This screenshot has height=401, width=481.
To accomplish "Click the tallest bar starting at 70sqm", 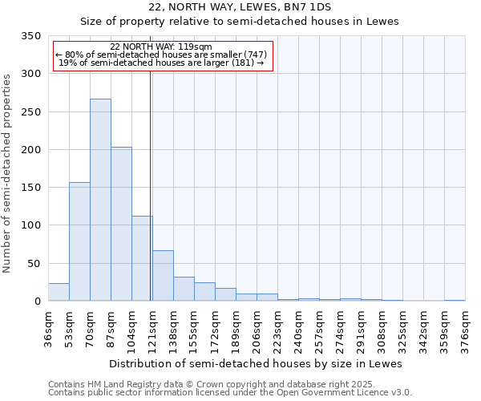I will [100, 200].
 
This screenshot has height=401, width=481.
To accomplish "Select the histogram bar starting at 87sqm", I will [121, 224].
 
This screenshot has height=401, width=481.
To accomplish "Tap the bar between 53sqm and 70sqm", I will [79, 241].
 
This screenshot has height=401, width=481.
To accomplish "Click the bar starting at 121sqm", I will [163, 276].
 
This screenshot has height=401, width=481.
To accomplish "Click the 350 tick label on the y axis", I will [30, 36].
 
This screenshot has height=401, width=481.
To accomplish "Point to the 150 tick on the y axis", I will [30, 188].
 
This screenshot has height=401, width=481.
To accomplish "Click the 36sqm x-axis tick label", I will [48, 327].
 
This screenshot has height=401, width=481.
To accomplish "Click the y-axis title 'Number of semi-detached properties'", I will [7, 172].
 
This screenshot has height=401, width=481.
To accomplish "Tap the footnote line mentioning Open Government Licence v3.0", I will [230, 393].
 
